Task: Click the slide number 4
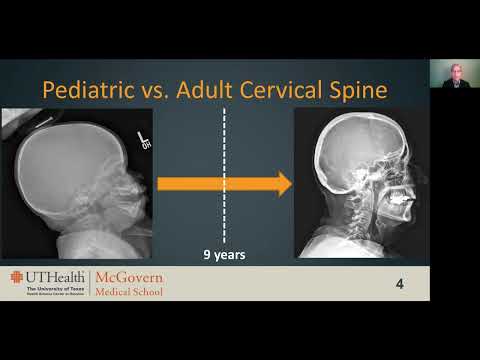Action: click(x=400, y=284)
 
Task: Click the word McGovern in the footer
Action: click(x=130, y=278)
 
